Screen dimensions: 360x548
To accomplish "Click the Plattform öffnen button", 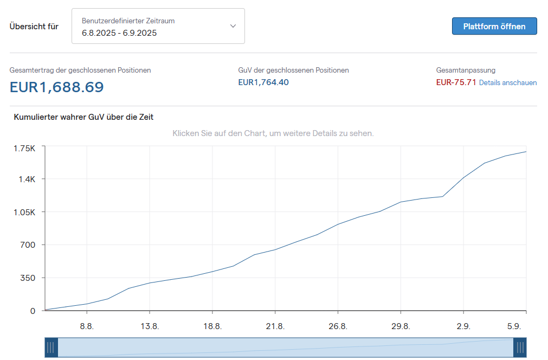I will pos(494,26).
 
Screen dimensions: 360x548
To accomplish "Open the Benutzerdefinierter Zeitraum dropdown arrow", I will pos(233,26).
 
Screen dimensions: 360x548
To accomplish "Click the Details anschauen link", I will pos(508,83).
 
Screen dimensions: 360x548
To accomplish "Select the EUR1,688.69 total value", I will pos(57,87).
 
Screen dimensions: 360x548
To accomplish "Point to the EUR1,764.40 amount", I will pos(263,82).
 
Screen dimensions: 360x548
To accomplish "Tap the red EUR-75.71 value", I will pos(456,82).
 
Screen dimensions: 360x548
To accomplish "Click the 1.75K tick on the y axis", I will pos(24,149).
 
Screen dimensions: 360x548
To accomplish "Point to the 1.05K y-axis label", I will pos(24,212).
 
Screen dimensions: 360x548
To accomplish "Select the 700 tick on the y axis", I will pos(28,245).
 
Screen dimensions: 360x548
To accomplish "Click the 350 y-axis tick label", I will pos(28,278).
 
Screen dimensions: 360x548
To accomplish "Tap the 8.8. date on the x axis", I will pos(87,326).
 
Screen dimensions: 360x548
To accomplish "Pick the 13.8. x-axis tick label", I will pos(150,326).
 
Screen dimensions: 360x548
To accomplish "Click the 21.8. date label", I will pos(275,326).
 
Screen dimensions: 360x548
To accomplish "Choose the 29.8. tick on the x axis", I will pos(401,326).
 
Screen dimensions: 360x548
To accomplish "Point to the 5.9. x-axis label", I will pos(514,326).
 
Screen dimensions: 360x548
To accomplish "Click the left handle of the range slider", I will pos(51,348).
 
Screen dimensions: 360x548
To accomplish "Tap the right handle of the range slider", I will pos(520,348).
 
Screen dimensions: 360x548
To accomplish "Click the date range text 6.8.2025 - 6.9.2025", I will pos(119,33).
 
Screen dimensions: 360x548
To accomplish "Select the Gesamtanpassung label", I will pos(466,70).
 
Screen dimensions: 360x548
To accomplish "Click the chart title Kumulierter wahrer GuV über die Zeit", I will pos(83,117).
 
